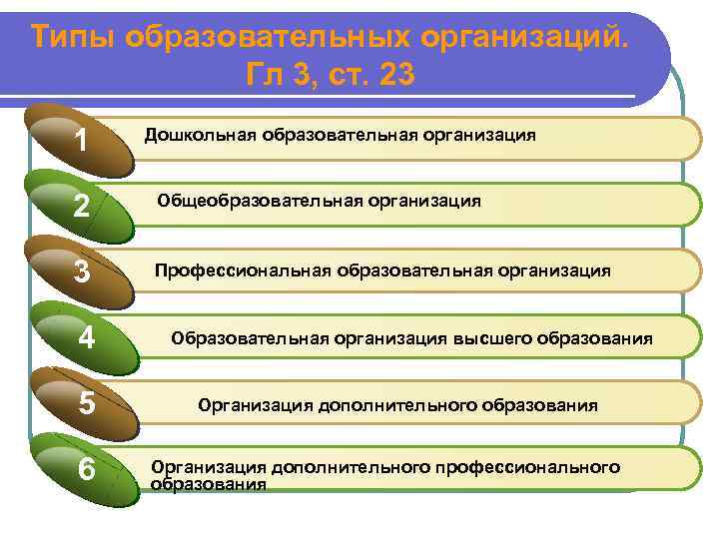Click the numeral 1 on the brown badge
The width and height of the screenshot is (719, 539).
pyautogui.click(x=83, y=141)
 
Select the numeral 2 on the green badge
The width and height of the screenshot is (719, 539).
pyautogui.click(x=83, y=207)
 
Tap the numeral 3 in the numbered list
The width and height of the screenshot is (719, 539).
pyautogui.click(x=83, y=271)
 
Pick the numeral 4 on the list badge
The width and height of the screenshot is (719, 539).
pyautogui.click(x=87, y=338)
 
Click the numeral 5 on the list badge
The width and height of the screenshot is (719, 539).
pyautogui.click(x=87, y=405)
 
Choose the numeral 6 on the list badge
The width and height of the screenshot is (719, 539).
pyautogui.click(x=87, y=469)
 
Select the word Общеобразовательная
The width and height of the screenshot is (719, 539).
pyautogui.click(x=243, y=201)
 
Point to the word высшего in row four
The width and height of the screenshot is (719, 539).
pyautogui.click(x=493, y=338)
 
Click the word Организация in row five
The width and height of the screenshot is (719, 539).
pyautogui.click(x=255, y=406)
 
